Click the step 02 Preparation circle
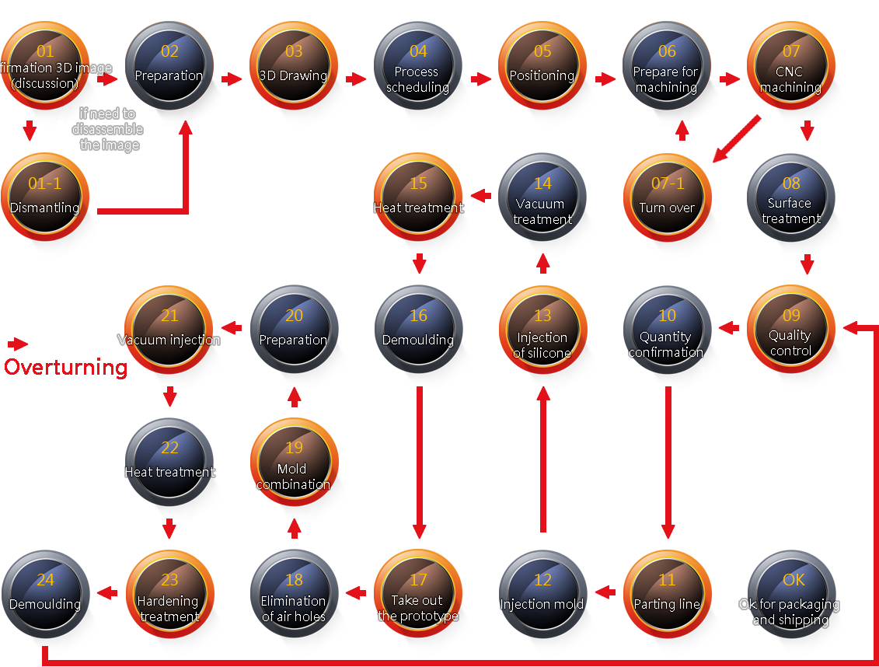[169, 68]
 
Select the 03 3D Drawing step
[294, 68]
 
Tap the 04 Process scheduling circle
[418, 68]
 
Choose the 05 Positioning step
[542, 68]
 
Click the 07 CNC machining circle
[791, 68]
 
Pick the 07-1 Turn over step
[667, 200]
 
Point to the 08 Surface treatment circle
[791, 200]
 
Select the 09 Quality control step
[791, 332]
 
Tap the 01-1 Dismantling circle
[45, 200]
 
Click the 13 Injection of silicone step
[542, 332]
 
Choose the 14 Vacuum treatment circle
[542, 200]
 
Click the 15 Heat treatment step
[418, 200]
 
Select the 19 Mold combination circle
[294, 464]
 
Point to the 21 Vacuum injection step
[169, 332]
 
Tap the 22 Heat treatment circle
[169, 464]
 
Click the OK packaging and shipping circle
[791, 596]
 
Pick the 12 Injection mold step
[542, 596]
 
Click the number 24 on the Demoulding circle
[45, 580]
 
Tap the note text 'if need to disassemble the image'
[109, 130]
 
